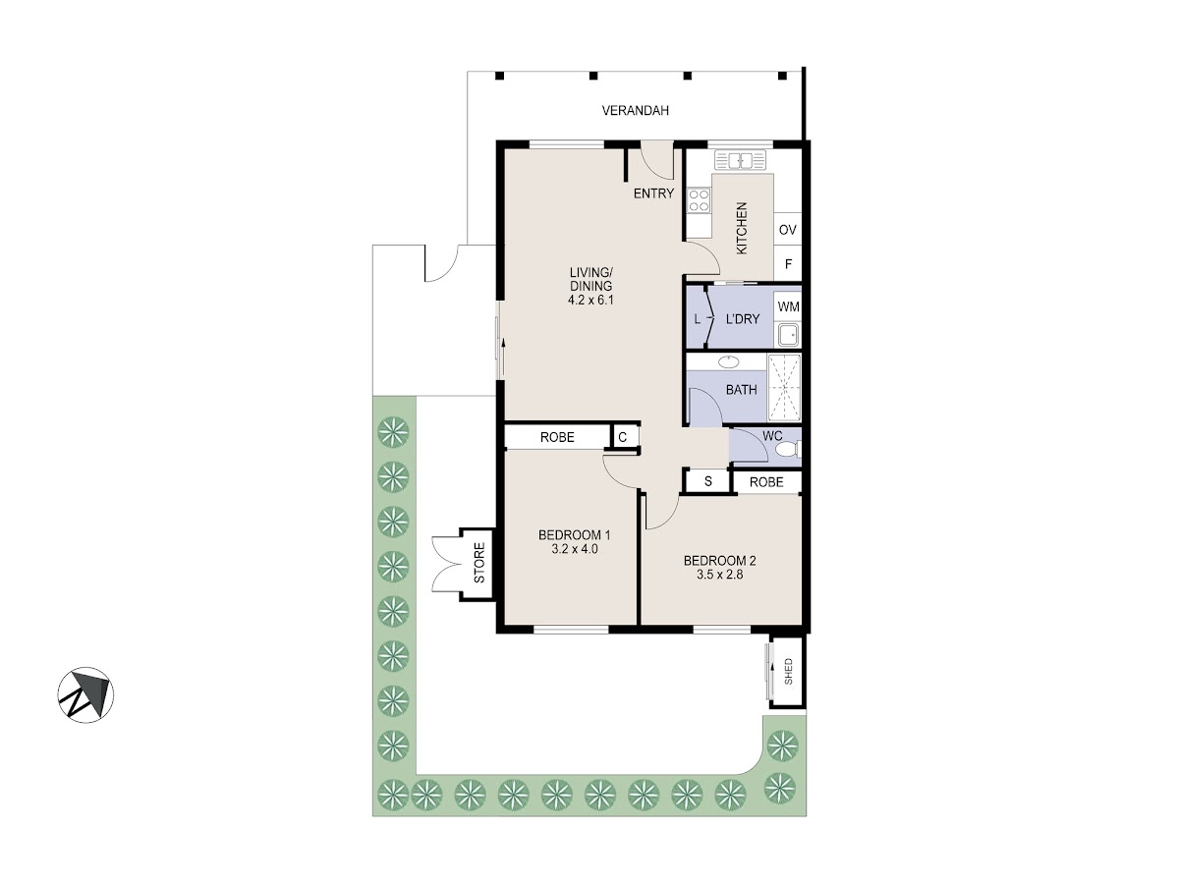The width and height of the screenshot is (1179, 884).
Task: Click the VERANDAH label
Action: (635, 111)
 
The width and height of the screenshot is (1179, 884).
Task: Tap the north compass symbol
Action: (85, 694)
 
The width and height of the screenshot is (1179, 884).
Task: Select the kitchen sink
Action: (740, 160)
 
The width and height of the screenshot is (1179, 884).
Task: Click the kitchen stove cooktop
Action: (699, 200)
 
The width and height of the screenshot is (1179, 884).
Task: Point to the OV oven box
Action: (787, 230)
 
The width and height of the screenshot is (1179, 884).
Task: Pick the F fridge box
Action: (787, 263)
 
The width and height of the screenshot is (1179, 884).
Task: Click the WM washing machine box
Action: (787, 306)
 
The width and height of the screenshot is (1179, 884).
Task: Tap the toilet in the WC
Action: (790, 449)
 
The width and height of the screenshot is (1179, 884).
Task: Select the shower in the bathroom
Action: (784, 387)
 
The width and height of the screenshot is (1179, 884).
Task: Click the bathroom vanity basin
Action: (728, 361)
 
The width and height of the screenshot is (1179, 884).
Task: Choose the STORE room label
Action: (479, 563)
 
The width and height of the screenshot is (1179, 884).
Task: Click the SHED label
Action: (788, 672)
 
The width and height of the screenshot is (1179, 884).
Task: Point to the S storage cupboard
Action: (708, 481)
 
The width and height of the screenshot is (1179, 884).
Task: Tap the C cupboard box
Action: (623, 437)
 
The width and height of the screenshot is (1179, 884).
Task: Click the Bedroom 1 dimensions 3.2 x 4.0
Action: (574, 549)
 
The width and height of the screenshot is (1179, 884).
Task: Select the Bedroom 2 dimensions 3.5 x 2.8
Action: (720, 575)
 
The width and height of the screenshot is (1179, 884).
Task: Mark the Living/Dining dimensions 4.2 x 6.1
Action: (590, 300)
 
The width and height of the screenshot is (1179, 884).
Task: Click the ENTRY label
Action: (653, 193)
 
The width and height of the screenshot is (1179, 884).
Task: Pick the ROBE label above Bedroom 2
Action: (766, 482)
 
